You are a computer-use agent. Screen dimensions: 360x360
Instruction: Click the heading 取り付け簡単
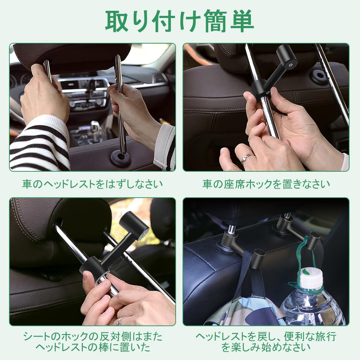[180, 21]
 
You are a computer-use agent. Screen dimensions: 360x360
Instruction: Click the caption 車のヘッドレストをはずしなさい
[92, 184]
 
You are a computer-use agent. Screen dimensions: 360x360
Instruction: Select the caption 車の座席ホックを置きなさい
[266, 184]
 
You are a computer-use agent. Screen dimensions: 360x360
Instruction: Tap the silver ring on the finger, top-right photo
[248, 157]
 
